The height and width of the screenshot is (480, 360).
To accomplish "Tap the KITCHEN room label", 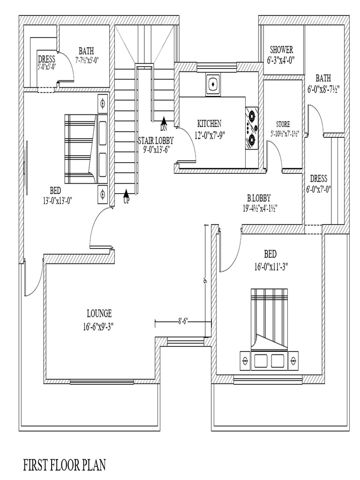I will (209, 124).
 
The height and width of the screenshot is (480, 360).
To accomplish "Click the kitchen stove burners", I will (253, 127).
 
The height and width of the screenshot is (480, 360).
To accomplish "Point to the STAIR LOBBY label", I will (156, 140).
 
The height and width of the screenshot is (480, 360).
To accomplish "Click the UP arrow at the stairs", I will (126, 194).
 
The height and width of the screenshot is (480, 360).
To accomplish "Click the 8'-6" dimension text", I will (183, 322).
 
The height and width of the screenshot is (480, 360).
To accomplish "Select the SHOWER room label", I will (282, 50).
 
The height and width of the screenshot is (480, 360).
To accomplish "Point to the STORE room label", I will (283, 124).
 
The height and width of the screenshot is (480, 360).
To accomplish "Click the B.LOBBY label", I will (259, 198).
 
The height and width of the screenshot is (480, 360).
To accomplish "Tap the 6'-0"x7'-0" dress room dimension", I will (319, 189).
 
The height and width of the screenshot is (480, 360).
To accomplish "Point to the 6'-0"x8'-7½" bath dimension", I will (323, 88).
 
